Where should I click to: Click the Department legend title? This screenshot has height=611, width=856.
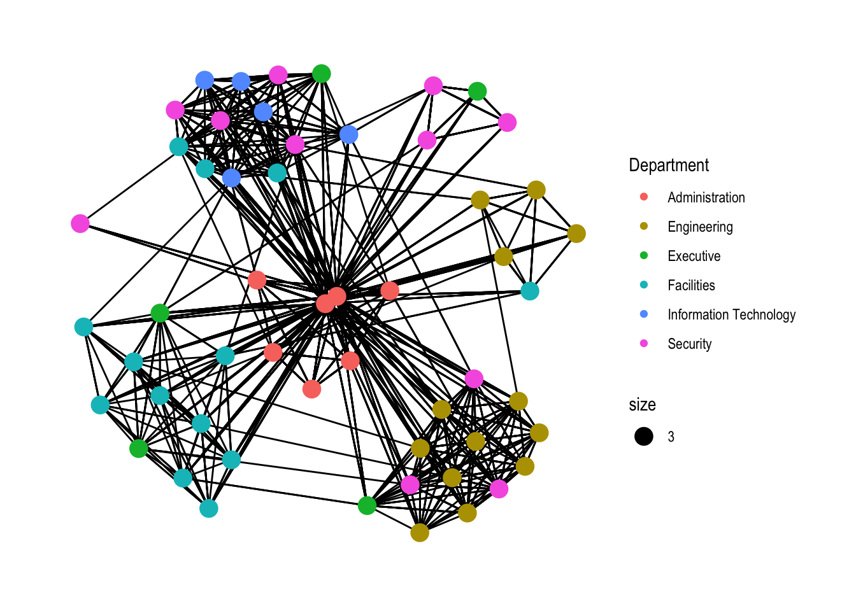tap(669, 165)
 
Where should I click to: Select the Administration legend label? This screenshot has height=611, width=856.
tap(706, 198)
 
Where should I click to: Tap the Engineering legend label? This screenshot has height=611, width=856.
tap(700, 227)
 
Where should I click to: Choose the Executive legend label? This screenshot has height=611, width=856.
tap(694, 256)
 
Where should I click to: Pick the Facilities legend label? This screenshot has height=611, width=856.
tap(691, 286)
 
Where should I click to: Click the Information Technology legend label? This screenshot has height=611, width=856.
tap(731, 315)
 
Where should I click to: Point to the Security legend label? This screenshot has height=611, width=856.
tap(689, 344)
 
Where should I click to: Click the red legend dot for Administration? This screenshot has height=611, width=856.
tap(644, 197)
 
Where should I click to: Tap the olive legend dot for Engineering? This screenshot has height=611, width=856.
tap(644, 227)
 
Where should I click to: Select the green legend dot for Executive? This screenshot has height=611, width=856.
tap(644, 256)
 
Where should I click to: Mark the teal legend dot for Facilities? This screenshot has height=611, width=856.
tap(644, 285)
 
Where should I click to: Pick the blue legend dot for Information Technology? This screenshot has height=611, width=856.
tap(644, 314)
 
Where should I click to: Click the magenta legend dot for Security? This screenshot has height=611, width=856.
tap(644, 344)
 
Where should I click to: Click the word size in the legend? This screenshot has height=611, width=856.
tap(642, 405)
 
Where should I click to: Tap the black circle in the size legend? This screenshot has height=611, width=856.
tap(644, 437)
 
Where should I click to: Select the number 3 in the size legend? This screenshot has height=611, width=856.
tap(671, 437)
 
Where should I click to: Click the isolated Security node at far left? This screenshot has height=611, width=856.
tap(80, 223)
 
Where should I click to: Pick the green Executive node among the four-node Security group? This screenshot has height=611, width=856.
tap(477, 92)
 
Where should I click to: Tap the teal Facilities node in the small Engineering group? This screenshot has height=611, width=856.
tap(530, 291)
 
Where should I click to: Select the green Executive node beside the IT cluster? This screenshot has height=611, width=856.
tap(322, 74)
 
